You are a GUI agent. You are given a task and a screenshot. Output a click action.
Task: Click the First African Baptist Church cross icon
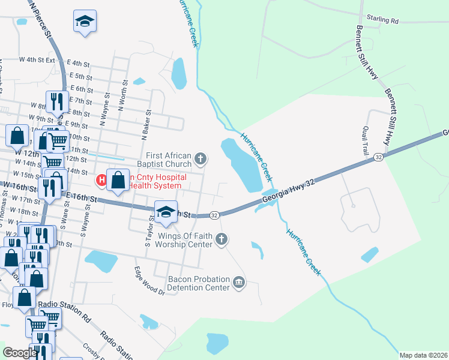(x=201, y=159)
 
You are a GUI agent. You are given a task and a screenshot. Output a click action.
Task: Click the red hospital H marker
(x=103, y=179)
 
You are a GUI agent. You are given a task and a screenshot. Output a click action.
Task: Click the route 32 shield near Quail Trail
(x=378, y=157)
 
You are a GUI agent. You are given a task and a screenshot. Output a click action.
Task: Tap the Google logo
(x=19, y=353)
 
